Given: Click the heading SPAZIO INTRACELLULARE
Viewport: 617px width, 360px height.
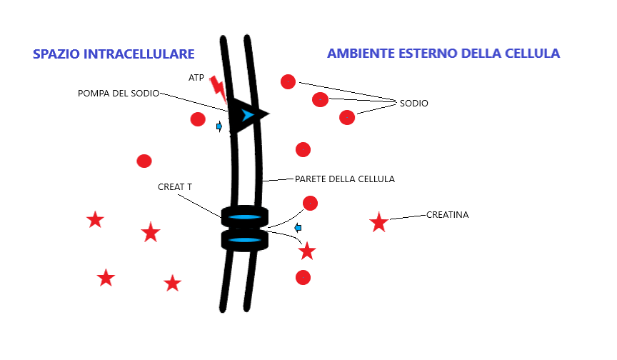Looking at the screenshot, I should point(114,54).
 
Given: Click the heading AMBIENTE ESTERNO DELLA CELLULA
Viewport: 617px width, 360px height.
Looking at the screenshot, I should point(443,54).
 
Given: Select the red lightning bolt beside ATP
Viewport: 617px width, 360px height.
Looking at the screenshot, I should point(219,89).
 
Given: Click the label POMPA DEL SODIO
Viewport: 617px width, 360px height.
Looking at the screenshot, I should point(118,94).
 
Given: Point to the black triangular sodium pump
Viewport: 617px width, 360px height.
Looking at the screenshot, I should point(247,114).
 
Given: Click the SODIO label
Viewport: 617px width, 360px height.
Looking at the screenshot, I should point(413,103).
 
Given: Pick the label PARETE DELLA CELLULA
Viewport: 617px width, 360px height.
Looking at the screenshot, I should point(344,179).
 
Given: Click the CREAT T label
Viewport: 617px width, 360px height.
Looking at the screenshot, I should point(174,187).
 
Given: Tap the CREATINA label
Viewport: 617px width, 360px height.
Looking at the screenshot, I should point(447,214).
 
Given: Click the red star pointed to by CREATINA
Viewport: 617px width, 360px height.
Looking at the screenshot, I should point(378,223).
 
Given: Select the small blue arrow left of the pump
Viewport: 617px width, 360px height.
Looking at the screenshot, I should point(219,127).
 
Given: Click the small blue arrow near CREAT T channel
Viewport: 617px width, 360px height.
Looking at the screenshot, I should point(299,228).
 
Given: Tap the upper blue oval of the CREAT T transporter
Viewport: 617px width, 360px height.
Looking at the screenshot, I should point(244,217).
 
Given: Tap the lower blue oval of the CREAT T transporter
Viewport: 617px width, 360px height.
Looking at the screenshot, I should point(244,239).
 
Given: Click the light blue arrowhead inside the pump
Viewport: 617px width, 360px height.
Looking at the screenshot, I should point(247,115).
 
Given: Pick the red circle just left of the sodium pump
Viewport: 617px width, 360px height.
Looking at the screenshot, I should point(198,119).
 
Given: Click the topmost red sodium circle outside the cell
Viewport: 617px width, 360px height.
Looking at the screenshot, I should point(288,81).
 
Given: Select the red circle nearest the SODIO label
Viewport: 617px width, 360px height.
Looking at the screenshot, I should point(347,117).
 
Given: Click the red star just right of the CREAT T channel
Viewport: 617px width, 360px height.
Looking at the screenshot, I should point(307,251).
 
